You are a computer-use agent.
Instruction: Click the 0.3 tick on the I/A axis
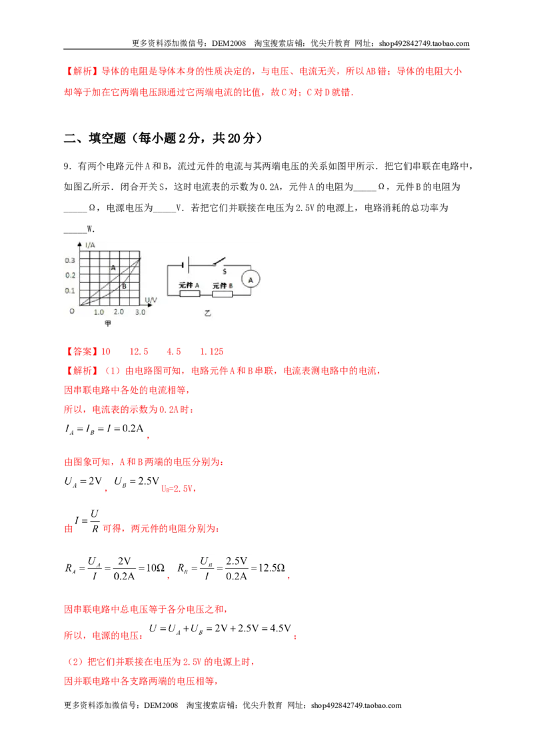(70, 260)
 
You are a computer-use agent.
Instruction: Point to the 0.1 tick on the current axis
(70, 290)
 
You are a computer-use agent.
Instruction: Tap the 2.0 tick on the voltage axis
(119, 312)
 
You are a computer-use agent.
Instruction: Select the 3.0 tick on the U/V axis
(140, 312)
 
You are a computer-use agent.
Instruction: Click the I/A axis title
(90, 245)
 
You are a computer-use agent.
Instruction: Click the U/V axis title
(151, 300)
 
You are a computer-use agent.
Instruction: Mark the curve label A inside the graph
(113, 268)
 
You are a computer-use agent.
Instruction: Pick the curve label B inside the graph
(124, 286)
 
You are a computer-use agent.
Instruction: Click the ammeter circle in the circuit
(250, 280)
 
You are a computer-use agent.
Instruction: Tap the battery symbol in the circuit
(186, 264)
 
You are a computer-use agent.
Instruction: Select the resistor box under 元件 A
(189, 294)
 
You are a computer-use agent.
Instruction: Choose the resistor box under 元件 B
(223, 294)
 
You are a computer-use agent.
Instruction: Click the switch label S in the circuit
(224, 272)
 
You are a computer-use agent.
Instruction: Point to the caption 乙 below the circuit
(207, 313)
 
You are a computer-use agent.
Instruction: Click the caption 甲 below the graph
(108, 323)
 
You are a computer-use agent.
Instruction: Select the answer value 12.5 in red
(139, 352)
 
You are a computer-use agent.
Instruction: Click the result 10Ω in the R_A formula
(155, 568)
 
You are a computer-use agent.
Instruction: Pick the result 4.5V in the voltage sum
(280, 628)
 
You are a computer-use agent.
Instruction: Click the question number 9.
(68, 167)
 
